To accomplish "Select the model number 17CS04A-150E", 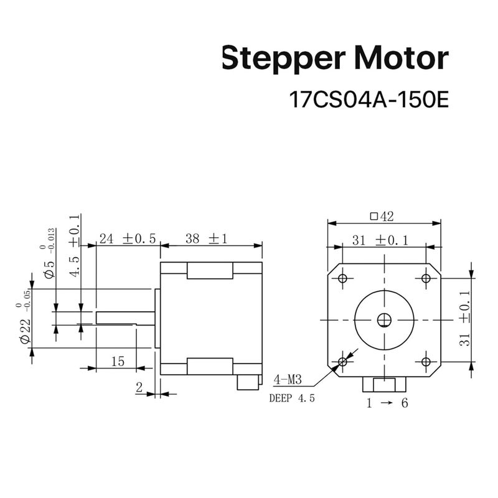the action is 369,100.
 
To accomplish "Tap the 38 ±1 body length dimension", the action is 207,238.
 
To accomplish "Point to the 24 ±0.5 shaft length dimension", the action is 128,238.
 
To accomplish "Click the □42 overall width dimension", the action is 382,217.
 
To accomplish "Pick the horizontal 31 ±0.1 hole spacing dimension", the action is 380,240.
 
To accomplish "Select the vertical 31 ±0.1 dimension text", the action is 464,318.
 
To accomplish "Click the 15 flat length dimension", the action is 118,361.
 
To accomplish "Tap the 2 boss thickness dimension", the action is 139,387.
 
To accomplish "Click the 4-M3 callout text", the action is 288,379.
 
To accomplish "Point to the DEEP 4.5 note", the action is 292,398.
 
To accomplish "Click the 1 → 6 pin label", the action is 387,403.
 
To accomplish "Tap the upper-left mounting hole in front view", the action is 342,278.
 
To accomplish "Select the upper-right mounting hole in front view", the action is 426,278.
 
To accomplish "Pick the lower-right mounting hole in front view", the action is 426,362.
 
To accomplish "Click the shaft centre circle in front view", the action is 384,320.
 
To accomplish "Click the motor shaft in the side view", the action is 125,318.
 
